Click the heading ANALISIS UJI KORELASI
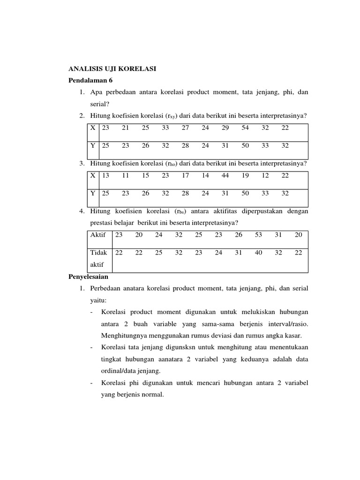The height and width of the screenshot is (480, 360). [112, 69]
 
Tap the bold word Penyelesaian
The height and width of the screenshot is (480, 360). [89, 277]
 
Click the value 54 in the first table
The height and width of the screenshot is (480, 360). [245, 128]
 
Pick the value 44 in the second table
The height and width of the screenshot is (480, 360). [225, 175]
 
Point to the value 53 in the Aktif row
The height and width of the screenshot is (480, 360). [258, 235]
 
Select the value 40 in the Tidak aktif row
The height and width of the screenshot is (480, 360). [258, 253]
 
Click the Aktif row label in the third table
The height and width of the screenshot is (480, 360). [98, 235]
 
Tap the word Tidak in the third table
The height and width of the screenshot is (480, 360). [98, 253]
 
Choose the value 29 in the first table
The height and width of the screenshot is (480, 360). [225, 128]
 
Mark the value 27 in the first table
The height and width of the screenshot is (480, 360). [185, 128]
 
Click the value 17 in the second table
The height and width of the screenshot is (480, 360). [185, 175]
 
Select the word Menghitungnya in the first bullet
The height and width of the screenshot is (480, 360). [124, 335]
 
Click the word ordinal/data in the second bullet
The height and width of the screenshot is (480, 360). [118, 371]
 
